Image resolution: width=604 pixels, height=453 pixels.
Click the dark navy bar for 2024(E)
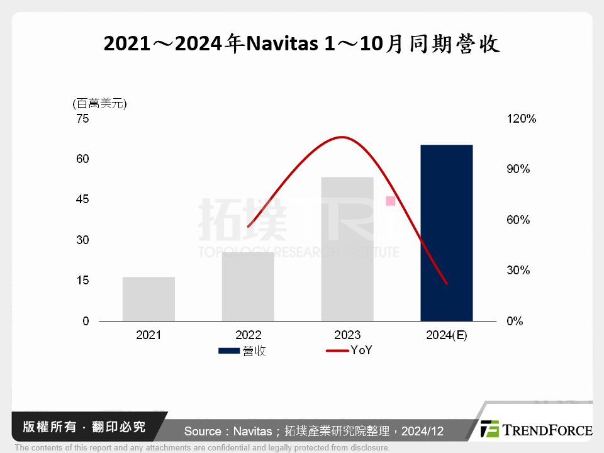(x=446, y=233)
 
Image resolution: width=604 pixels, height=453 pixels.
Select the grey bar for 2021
(x=148, y=299)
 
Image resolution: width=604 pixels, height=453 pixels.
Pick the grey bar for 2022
(x=248, y=286)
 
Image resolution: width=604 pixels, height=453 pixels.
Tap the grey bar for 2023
(x=347, y=249)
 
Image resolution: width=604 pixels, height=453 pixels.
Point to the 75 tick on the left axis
(x=83, y=118)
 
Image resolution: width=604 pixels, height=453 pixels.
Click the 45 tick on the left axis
(x=83, y=199)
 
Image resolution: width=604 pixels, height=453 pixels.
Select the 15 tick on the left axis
(x=83, y=280)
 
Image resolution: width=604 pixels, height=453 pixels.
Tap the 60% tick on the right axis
(x=519, y=220)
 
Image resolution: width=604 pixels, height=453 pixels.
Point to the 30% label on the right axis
(x=519, y=271)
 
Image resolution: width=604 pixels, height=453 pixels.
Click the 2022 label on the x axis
(x=248, y=335)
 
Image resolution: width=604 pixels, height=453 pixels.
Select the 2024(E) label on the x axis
(x=446, y=335)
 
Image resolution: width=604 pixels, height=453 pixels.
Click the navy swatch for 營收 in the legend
(x=229, y=350)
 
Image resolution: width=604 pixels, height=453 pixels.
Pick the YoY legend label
(x=361, y=350)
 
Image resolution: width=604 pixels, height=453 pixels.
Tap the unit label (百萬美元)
(x=99, y=103)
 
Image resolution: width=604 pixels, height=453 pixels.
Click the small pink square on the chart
(x=390, y=201)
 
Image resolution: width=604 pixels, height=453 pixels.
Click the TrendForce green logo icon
(x=489, y=429)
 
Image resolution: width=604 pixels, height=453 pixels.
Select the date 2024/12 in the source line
(x=422, y=432)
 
